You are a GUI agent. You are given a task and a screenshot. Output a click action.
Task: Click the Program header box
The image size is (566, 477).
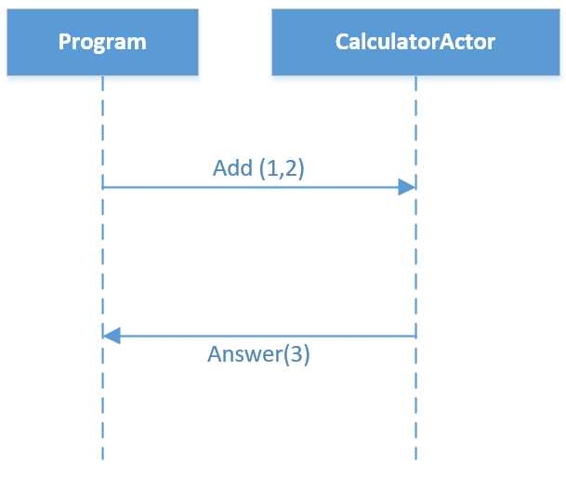pos(102,41)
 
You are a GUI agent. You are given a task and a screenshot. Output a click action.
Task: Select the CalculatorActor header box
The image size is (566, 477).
pos(415,41)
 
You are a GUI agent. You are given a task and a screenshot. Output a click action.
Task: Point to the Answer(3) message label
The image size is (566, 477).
pos(258,354)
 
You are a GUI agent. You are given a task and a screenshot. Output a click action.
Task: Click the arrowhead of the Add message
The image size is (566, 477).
pos(406,187)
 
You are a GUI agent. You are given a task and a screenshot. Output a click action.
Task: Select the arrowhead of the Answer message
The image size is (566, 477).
pos(112,336)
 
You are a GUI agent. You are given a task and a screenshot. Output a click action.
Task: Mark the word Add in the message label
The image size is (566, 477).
pos(231,168)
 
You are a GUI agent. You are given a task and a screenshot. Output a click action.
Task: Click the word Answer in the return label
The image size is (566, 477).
pos(241,354)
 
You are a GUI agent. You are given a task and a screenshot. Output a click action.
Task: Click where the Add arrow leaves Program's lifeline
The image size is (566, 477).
pos(103,187)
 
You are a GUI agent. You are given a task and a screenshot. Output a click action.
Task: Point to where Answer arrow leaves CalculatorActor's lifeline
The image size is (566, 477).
pos(415,336)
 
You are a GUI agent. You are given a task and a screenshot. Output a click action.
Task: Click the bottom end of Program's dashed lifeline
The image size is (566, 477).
pos(102,457)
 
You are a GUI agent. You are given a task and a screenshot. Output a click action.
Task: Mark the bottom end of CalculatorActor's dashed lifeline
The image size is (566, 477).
pos(415,457)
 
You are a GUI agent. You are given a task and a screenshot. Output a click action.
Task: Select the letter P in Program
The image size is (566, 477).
pos(64,41)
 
